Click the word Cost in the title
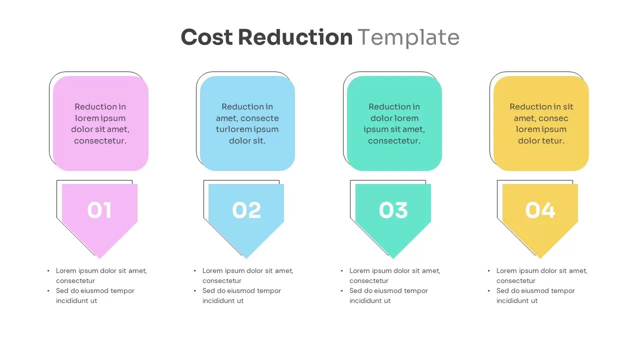[x=206, y=37]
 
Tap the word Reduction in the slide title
[x=295, y=37]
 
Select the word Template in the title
[x=408, y=37]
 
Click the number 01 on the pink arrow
[x=99, y=210]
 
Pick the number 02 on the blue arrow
[x=246, y=210]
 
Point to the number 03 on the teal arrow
[x=393, y=210]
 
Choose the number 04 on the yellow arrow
[x=540, y=210]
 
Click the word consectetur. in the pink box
[x=100, y=141]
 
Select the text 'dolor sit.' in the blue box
[x=247, y=141]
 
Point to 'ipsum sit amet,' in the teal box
[x=394, y=129]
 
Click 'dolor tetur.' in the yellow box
[x=541, y=141]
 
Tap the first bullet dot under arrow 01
[x=48, y=271]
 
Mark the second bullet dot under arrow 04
[x=489, y=291]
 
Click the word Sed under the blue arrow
[x=208, y=291]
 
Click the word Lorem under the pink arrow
[x=66, y=271]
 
